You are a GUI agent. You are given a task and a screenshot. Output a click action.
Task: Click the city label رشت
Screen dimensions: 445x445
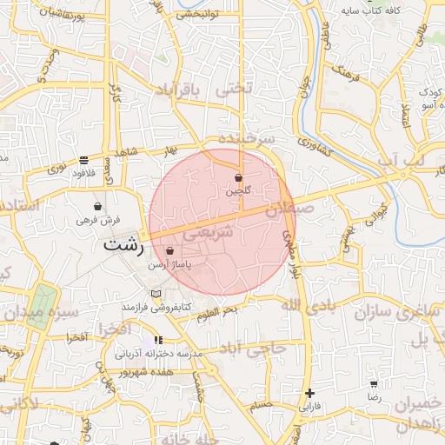click(123, 245)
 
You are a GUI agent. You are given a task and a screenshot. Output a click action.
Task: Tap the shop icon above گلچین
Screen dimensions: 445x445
click(238, 177)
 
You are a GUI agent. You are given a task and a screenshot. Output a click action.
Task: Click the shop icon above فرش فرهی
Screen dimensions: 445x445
click(97, 208)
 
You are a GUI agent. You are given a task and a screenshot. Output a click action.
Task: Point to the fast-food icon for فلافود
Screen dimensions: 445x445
click(83, 160)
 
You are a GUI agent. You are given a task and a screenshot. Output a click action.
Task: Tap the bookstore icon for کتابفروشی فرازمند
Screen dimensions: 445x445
click(156, 294)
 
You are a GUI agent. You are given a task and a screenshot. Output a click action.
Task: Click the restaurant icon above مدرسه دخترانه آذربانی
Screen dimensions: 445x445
click(157, 340)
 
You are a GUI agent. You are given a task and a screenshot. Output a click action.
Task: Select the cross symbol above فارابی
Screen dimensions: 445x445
click(310, 394)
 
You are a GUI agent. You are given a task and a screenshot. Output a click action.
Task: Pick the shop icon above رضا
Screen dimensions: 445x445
click(374, 383)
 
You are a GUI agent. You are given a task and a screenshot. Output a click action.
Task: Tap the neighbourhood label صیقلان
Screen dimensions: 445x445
click(288, 209)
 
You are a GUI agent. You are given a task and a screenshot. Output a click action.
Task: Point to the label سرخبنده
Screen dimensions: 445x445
click(247, 138)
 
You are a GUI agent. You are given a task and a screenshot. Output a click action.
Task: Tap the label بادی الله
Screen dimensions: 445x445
click(309, 304)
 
